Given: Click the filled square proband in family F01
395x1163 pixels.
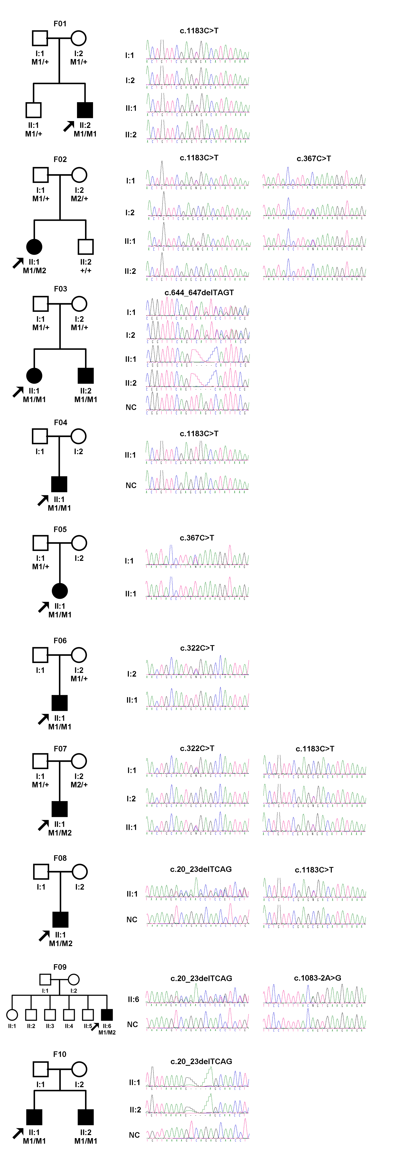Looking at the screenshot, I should [85, 110].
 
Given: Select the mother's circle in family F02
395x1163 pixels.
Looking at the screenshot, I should [79, 175].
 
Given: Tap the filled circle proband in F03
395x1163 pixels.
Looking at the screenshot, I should [34, 375].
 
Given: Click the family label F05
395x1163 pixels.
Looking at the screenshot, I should [60, 529].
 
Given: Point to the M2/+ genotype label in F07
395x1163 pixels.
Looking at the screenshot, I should [79, 785].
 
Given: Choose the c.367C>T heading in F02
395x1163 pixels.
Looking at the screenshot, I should [314, 159].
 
